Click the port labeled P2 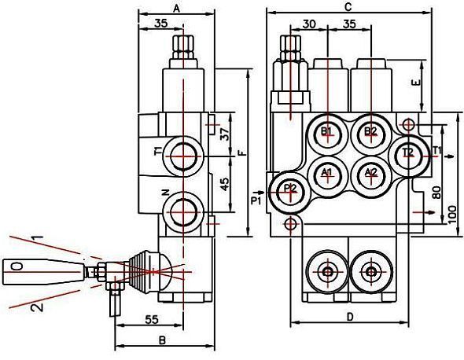[291, 192]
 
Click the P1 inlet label [256, 201]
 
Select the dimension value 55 [151, 319]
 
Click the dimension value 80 [436, 193]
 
